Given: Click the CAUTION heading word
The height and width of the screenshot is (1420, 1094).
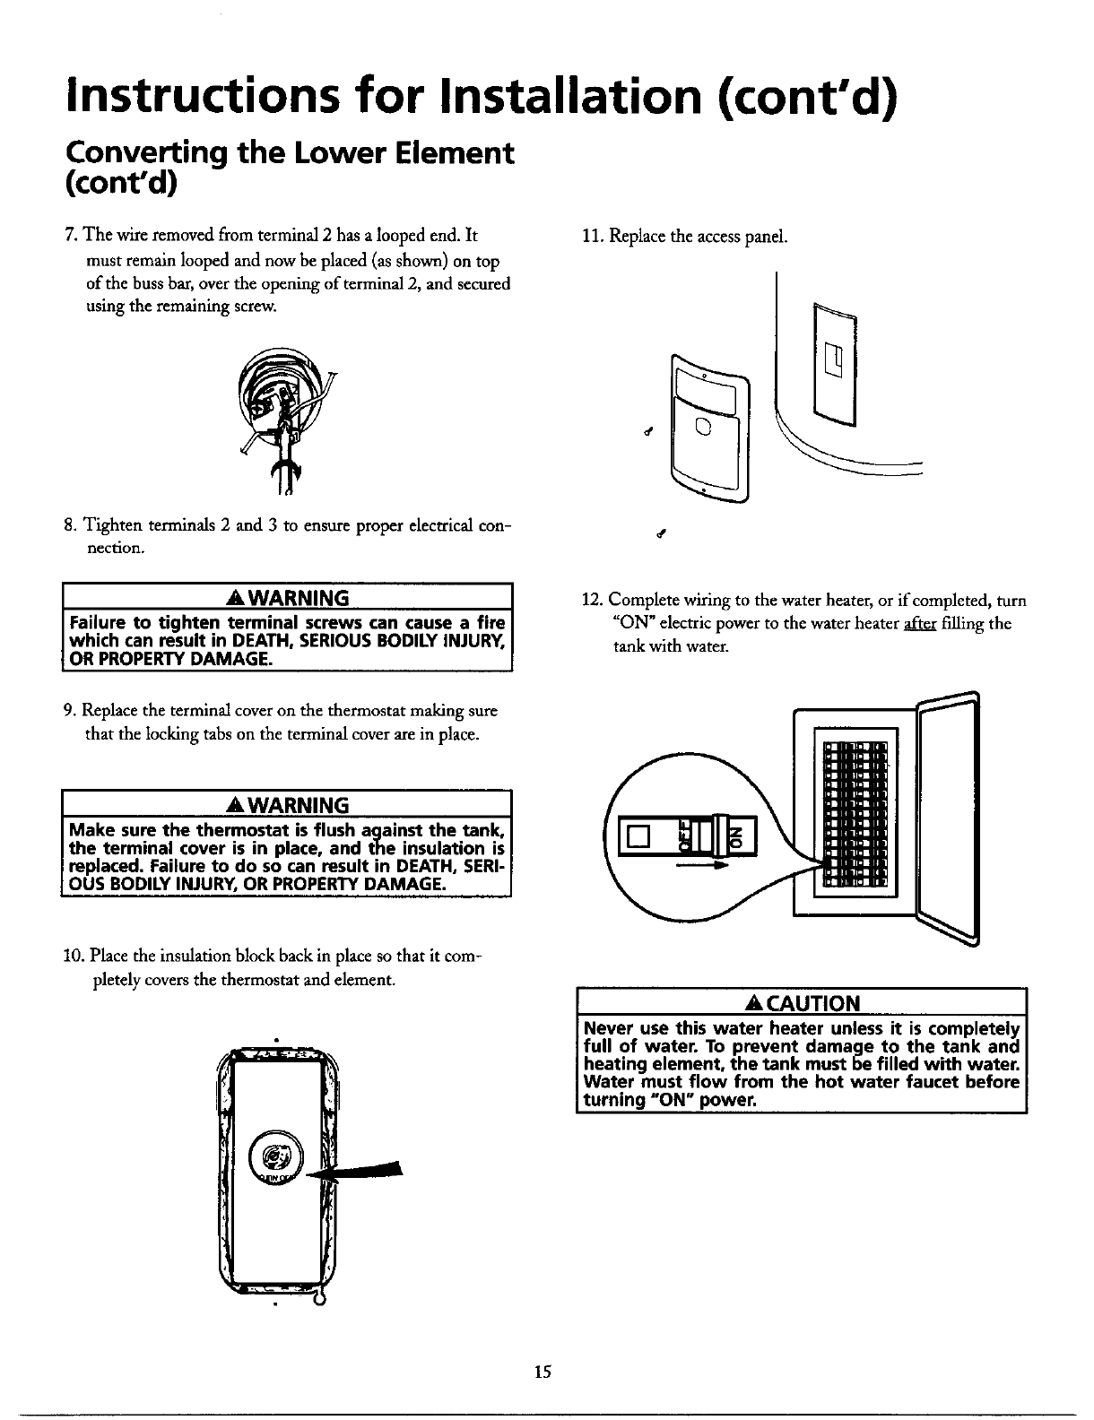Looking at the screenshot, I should tap(809, 1001).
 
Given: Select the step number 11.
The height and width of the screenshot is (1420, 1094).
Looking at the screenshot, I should tap(591, 237).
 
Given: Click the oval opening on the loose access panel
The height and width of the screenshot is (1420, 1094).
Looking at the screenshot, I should tap(703, 427).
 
